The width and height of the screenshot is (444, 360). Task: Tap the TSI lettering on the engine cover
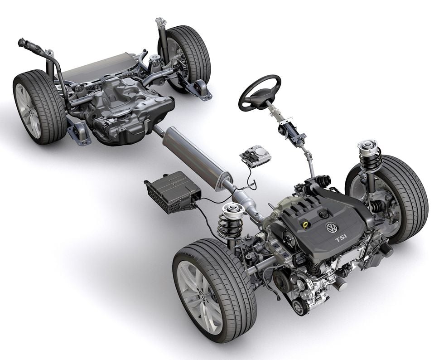tap(341, 239)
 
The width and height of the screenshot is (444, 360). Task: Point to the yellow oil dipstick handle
tap(305, 225)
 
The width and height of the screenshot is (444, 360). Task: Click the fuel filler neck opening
tap(22, 43)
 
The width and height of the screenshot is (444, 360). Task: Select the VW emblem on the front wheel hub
tap(203, 295)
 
